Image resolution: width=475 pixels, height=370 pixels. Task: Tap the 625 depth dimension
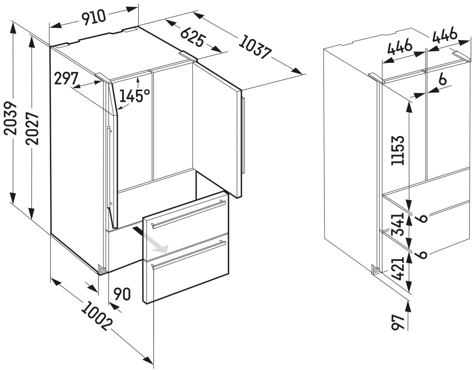pos(193,38)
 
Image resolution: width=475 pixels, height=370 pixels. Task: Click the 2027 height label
pos(32,128)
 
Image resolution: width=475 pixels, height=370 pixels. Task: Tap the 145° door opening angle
pos(135,96)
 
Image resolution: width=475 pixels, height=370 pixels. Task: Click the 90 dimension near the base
pos(122,294)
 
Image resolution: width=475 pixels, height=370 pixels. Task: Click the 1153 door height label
pos(397,150)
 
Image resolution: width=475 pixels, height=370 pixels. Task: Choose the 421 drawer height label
pos(397,268)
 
